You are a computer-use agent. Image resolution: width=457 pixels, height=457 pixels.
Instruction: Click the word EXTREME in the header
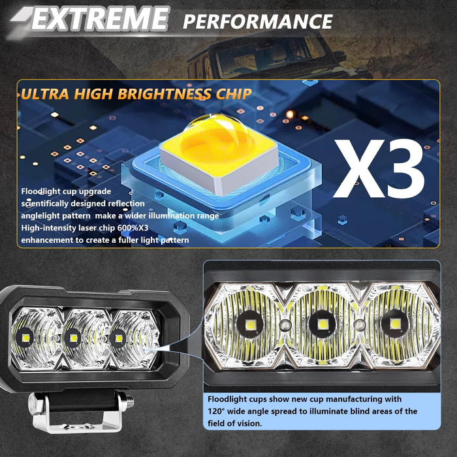[98, 20]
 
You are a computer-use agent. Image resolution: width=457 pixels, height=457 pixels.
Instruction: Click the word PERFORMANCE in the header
[258, 21]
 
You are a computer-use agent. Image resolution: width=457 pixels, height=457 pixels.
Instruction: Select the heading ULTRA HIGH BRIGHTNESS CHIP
[136, 94]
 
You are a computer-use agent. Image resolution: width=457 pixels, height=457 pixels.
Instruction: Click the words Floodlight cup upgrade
[66, 191]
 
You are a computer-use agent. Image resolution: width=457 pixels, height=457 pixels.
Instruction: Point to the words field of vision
[238, 423]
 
